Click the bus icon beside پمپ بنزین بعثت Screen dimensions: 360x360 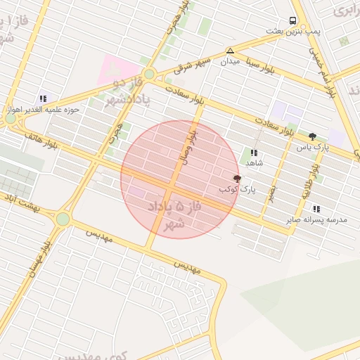pos(292,20)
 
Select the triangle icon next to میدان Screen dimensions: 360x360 pos(230,51)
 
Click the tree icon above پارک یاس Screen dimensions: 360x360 pos(312,136)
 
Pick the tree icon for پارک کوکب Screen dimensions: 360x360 pos(237,179)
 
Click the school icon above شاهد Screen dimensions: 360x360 pos(254,152)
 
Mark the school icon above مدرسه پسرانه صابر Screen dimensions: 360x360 pos(316,209)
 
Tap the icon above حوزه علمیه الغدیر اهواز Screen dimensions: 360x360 pos(43,99)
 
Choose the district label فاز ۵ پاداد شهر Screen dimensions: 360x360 pos(169,215)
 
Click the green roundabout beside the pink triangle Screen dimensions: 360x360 pos(149,73)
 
